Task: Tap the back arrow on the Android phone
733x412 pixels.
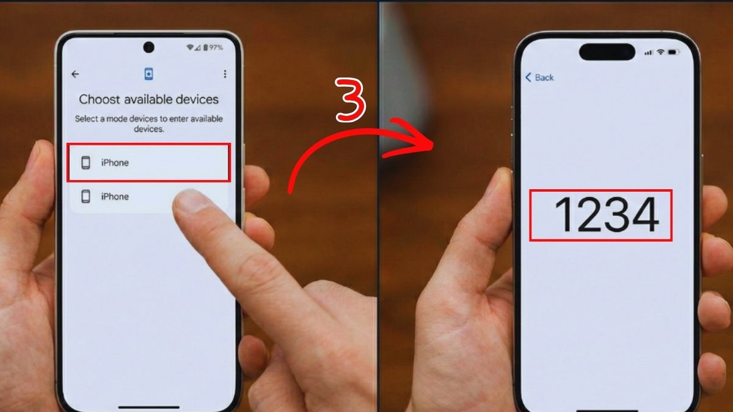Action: (x=75, y=74)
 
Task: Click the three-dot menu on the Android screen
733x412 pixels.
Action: (x=225, y=74)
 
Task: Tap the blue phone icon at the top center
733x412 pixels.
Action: (x=148, y=74)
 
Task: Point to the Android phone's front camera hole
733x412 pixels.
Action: (x=148, y=47)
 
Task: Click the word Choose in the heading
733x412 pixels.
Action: (x=100, y=99)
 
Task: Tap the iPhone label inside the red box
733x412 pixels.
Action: (x=115, y=163)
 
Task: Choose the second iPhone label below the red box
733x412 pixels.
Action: (x=115, y=197)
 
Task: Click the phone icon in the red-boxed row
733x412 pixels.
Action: (x=86, y=163)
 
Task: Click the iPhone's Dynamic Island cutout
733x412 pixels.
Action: (x=607, y=52)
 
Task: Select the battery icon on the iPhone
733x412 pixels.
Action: (x=674, y=53)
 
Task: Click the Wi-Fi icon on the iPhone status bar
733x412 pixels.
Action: (x=661, y=53)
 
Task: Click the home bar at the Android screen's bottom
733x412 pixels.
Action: (x=148, y=406)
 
